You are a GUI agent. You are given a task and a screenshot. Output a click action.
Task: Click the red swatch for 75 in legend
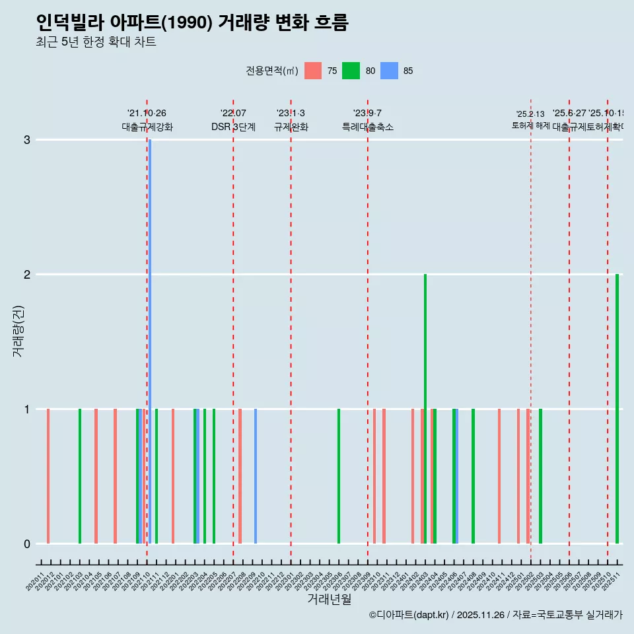[313, 71]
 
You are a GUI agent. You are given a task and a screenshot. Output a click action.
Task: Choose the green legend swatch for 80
[351, 71]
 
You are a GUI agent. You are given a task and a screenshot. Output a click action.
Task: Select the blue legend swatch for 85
[390, 71]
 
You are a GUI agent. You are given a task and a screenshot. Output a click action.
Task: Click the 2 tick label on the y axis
[27, 274]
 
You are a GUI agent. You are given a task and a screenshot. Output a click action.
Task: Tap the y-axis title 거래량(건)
[18, 330]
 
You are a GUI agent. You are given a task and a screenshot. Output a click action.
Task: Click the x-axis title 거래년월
[329, 600]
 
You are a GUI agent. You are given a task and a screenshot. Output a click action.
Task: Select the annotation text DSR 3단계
[233, 127]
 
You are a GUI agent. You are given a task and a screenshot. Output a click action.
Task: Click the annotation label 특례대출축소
[368, 127]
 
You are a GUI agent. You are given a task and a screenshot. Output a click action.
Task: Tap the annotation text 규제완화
[291, 127]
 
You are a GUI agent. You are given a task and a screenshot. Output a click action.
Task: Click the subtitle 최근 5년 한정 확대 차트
[96, 42]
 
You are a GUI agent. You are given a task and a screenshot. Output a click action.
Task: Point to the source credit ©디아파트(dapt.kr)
[409, 615]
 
